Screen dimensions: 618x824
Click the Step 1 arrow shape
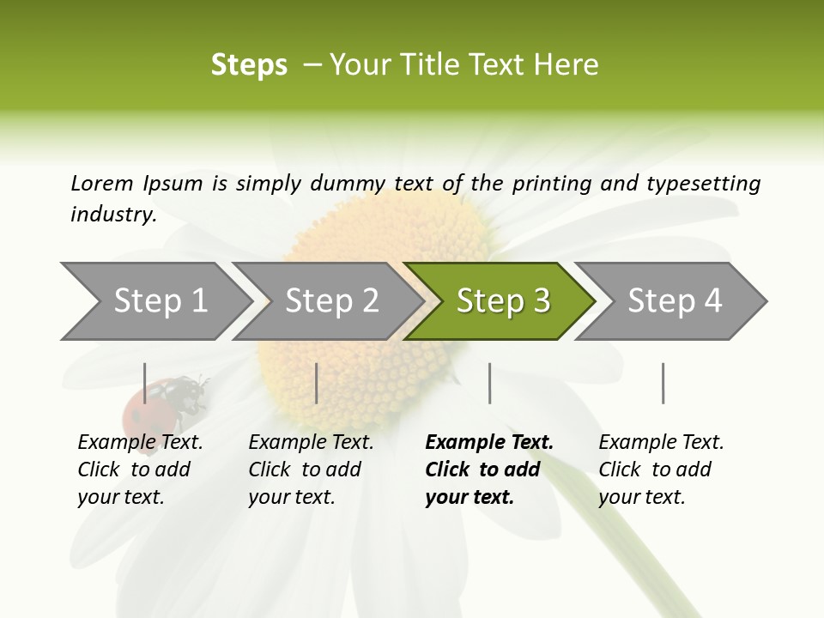pyautogui.click(x=160, y=300)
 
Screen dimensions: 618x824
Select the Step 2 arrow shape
pyautogui.click(x=331, y=300)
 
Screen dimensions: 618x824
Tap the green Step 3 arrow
pyautogui.click(x=503, y=300)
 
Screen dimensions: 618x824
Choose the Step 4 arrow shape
pyautogui.click(x=675, y=300)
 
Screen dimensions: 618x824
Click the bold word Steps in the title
pyautogui.click(x=249, y=64)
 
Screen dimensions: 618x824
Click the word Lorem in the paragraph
pyautogui.click(x=102, y=183)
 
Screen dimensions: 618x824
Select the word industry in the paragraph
pyautogui.click(x=112, y=214)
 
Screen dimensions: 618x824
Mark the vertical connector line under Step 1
pyautogui.click(x=145, y=383)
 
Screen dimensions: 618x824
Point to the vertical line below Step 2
pyautogui.click(x=317, y=383)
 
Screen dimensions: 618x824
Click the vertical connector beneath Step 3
pyautogui.click(x=489, y=383)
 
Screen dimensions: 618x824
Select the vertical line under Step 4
pyautogui.click(x=663, y=383)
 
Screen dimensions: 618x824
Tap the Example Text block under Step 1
pyautogui.click(x=140, y=470)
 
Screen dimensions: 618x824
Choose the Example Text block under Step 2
pyautogui.click(x=311, y=470)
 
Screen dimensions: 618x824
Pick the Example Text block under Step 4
pyautogui.click(x=661, y=470)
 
